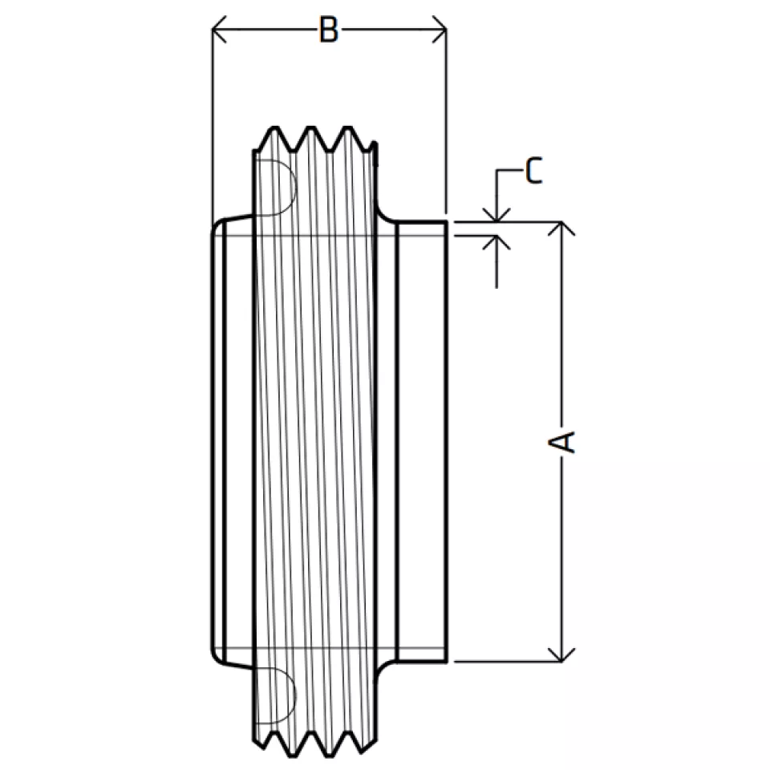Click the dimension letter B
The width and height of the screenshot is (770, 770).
[327, 31]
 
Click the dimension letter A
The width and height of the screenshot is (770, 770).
[565, 441]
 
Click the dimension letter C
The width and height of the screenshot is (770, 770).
[534, 171]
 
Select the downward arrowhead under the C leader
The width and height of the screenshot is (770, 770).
[497, 215]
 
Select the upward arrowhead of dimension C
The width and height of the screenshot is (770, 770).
[497, 242]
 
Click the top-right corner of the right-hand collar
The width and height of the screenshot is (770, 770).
[445, 221]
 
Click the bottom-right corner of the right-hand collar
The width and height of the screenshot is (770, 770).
[445, 662]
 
